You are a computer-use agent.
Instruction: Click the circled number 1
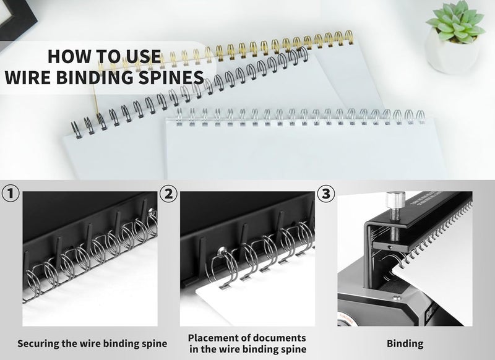click(x=10, y=194)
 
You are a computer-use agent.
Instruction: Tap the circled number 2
click(x=168, y=194)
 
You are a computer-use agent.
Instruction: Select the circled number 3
click(x=325, y=194)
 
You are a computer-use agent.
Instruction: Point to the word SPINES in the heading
click(x=174, y=77)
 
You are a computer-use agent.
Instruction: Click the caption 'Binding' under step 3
click(x=405, y=343)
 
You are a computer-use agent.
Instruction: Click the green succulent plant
click(x=455, y=20)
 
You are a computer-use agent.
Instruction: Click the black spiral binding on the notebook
click(x=186, y=93)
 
